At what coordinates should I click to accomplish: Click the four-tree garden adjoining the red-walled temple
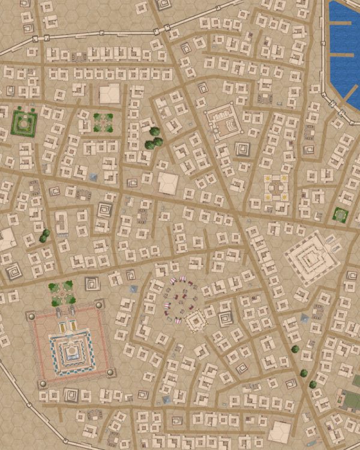coord(61,293)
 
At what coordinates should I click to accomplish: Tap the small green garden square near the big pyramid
coord(341,214)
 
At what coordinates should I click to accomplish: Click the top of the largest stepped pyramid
coord(311,259)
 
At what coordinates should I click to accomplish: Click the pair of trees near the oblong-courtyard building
coord(43,236)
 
